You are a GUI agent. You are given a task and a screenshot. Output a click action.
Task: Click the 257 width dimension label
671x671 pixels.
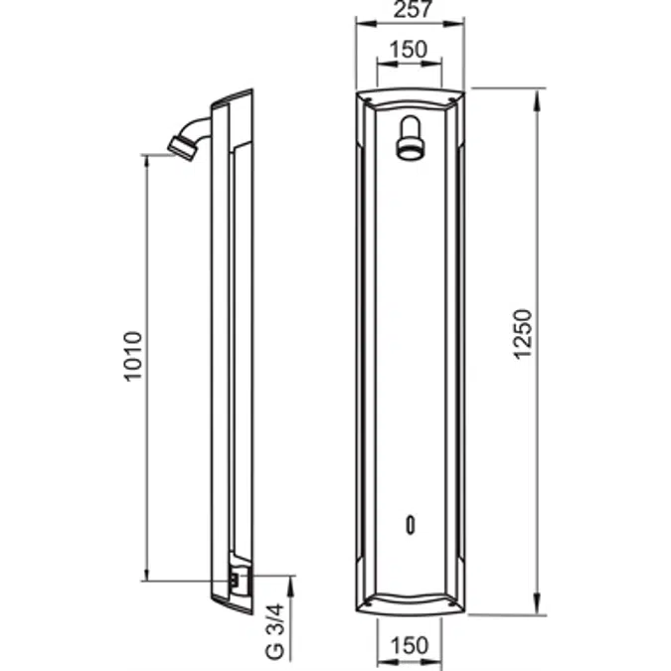[x=409, y=12]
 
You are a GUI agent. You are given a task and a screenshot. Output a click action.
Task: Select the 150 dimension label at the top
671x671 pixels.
[x=409, y=50]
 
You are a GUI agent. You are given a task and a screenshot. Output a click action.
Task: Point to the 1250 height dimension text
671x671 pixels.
[x=527, y=336]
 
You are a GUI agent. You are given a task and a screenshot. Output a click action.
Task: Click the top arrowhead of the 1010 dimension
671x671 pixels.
[x=148, y=161]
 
